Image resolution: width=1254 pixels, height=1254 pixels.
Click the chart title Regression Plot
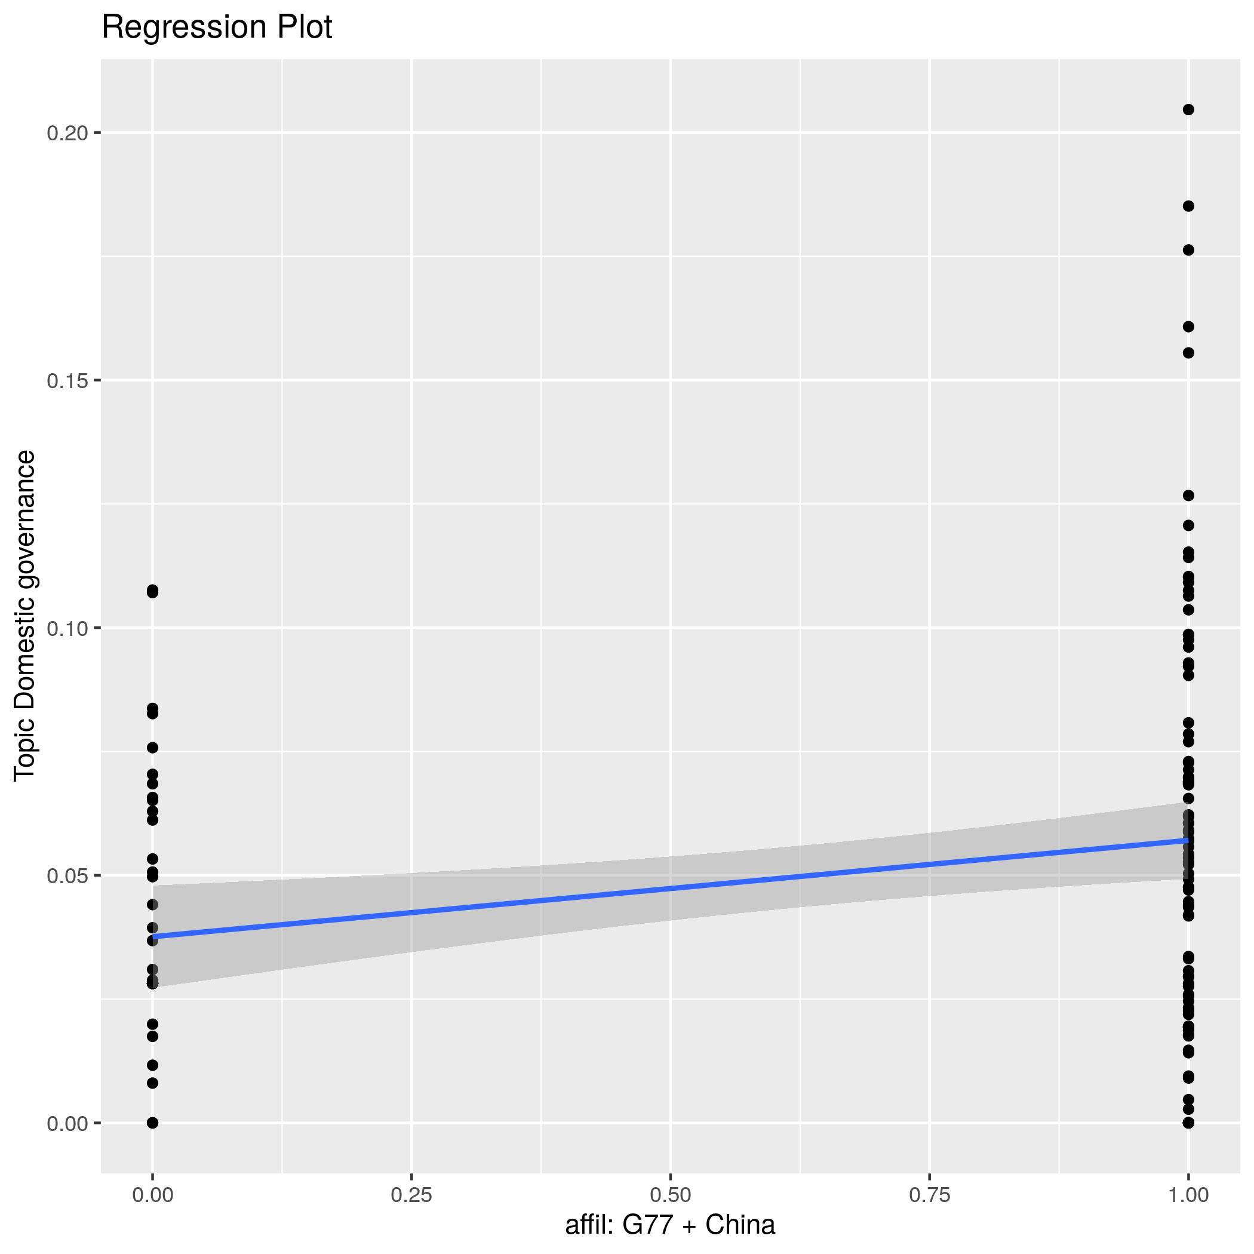tap(217, 28)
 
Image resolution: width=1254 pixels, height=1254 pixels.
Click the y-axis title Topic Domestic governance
tap(25, 615)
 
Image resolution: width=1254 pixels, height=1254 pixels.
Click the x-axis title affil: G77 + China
tap(670, 1225)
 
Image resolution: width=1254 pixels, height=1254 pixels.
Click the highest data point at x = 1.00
tap(1188, 110)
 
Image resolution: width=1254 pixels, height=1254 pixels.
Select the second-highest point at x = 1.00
tap(1188, 207)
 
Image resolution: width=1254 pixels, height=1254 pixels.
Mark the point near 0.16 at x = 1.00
tap(1188, 327)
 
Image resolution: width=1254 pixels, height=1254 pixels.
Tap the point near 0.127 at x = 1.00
tap(1188, 496)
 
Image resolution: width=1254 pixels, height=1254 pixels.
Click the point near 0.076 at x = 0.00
tap(152, 748)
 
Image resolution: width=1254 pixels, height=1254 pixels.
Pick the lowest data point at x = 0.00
tap(152, 1123)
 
